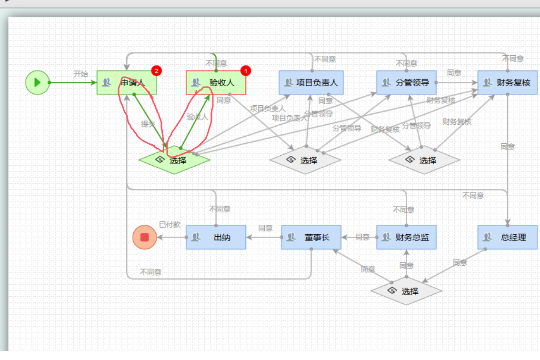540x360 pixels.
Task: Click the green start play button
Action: [37, 82]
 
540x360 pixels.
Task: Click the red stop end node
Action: [144, 237]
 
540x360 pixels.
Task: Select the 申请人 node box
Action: [127, 82]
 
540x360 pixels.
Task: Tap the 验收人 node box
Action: [216, 82]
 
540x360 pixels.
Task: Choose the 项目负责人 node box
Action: [311, 82]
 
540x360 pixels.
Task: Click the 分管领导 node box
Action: [406, 82]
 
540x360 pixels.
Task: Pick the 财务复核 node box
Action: [508, 82]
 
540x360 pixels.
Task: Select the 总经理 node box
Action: [508, 237]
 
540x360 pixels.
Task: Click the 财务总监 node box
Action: [406, 237]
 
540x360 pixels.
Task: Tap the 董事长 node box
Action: [311, 237]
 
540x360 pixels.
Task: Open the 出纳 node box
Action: [216, 237]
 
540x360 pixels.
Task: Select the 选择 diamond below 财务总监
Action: [406, 290]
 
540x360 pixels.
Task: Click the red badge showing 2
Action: [157, 71]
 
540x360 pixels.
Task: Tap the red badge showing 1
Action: [246, 71]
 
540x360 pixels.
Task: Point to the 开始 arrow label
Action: [80, 74]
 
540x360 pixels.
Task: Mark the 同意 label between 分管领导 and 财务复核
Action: [454, 73]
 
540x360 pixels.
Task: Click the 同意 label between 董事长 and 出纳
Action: [265, 228]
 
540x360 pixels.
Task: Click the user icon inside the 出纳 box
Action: [195, 237]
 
